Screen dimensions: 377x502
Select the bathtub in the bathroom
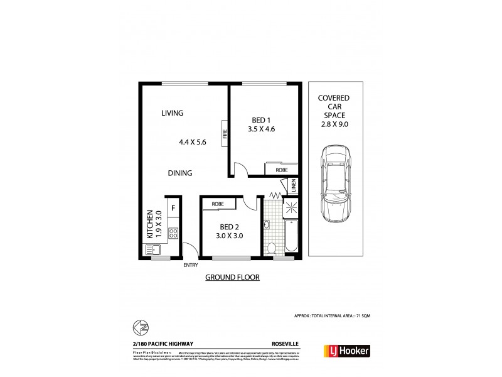pyautogui.click(x=292, y=236)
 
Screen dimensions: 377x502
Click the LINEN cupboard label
pyautogui.click(x=293, y=186)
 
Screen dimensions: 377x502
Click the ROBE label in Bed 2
pyautogui.click(x=218, y=204)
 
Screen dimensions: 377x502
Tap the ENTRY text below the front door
pyautogui.click(x=190, y=265)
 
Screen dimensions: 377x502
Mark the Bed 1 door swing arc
pyautogui.click(x=239, y=168)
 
